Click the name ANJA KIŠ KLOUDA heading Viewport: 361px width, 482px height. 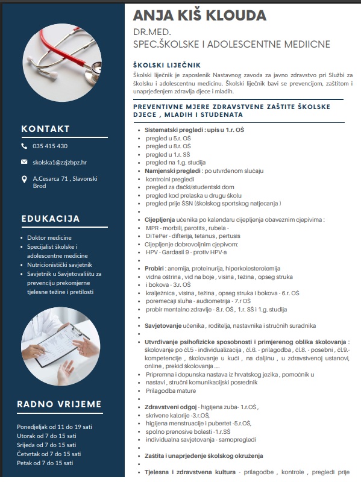[199, 15]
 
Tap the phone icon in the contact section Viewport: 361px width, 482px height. [24, 146]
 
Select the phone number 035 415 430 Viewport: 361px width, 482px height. [50, 146]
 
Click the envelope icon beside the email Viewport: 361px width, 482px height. [24, 162]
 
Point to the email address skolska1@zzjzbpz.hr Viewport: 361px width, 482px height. [60, 162]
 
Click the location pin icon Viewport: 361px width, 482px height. [24, 179]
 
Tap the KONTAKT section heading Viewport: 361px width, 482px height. [45, 128]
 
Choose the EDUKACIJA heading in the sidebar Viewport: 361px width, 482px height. [51, 218]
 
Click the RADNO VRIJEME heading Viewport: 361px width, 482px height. [59, 404]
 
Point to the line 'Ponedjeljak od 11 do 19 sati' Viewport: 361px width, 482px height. [55, 427]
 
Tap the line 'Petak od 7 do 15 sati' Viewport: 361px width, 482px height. [45, 463]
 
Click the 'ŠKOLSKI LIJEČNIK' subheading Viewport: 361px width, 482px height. [167, 65]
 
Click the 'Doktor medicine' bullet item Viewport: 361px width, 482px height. [53, 238]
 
